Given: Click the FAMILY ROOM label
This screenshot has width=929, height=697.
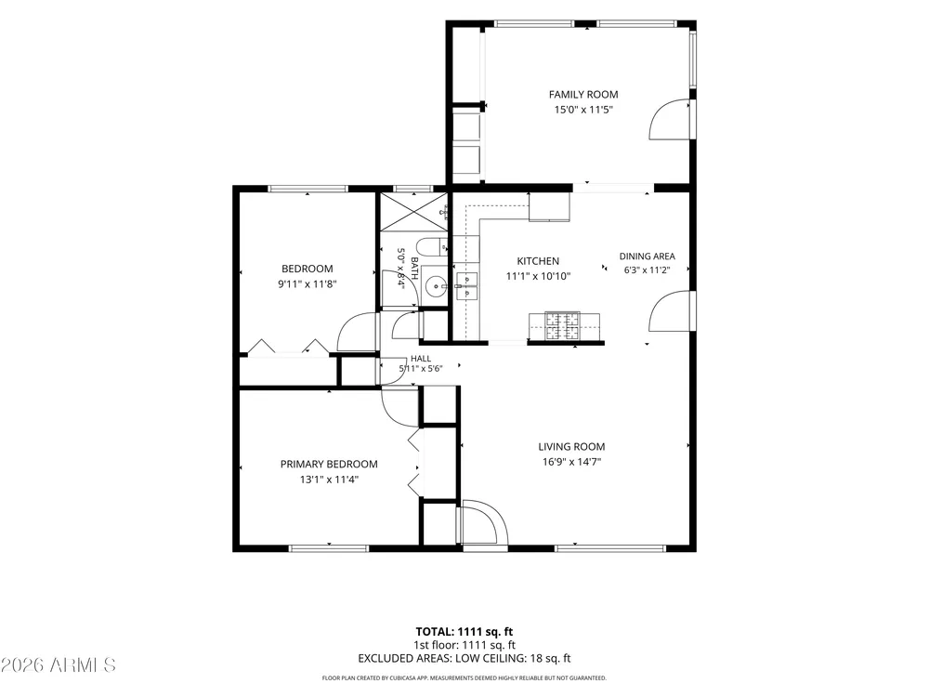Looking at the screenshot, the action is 583,94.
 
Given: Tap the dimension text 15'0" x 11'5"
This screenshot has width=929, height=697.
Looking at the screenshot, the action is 583,110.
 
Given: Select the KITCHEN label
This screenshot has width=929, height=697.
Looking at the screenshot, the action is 538,261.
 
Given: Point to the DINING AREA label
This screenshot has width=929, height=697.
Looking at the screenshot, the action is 647,256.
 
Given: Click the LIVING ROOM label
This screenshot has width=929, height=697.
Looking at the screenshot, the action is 571,447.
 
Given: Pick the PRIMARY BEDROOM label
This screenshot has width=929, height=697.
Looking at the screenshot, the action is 329,464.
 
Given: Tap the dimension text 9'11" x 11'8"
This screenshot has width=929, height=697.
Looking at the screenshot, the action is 307,283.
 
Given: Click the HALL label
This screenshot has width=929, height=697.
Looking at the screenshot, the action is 421,359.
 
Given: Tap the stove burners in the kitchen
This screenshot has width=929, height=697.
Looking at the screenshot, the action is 563,326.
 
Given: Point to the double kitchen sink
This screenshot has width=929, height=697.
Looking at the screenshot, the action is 466,286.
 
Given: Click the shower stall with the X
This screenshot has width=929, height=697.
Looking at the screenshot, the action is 413,212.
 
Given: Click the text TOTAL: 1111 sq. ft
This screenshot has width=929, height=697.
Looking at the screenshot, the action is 464,632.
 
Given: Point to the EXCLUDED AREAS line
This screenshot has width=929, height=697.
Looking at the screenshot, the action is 464,658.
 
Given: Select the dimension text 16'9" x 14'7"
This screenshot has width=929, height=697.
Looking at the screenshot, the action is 571,462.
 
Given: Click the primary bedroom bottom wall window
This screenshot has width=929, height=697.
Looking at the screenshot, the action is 329,548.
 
